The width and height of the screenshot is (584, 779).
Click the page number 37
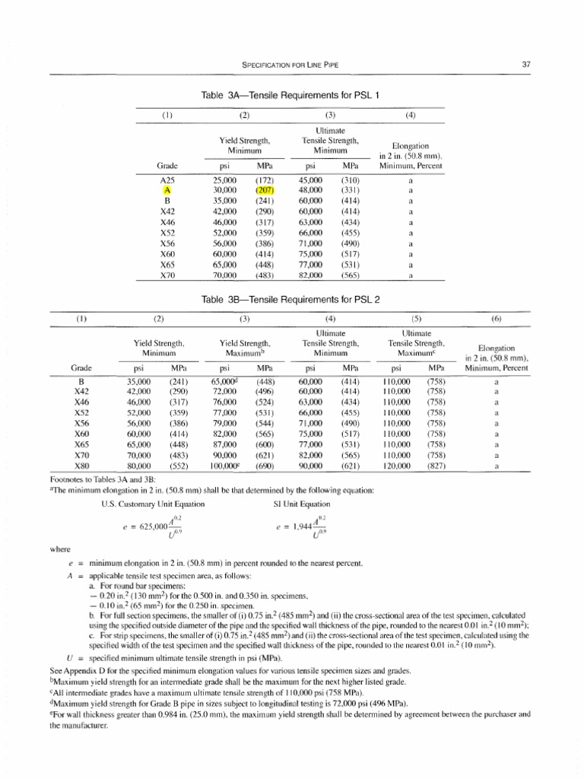tap(525, 65)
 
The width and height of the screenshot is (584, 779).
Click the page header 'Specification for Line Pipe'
tap(291, 65)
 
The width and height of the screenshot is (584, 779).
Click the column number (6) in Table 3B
tap(496, 320)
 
